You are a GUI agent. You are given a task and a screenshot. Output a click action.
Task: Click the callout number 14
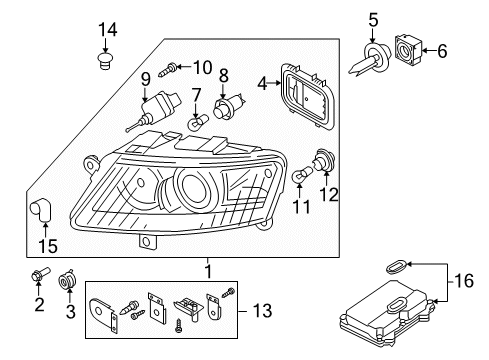pos(108,30)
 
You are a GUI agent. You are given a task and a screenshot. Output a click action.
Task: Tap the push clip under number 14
pos(105,60)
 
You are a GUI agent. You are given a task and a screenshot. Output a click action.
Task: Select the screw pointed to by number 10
pos(167,69)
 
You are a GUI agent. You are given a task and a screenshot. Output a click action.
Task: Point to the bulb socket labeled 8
pos(228,105)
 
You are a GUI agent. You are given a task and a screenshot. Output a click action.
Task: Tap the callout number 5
pos(373,20)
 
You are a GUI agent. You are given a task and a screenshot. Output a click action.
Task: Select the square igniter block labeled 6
pos(408,49)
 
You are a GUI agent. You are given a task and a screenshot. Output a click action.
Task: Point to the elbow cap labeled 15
pos(40,209)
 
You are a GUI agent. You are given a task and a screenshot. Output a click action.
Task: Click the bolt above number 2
pos(40,274)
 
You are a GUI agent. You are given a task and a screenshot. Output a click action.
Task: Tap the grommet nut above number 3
pos(67,279)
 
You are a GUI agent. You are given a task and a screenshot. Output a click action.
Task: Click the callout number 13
pos(262,311)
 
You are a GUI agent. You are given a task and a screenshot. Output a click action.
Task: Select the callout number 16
pos(464,281)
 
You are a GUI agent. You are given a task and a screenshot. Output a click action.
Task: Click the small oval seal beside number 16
pos(396,267)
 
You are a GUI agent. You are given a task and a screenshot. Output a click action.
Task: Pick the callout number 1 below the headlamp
pos(208,272)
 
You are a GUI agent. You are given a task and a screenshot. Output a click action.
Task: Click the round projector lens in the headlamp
pos(194,186)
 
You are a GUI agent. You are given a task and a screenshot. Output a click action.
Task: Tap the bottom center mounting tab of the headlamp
pos(147,241)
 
